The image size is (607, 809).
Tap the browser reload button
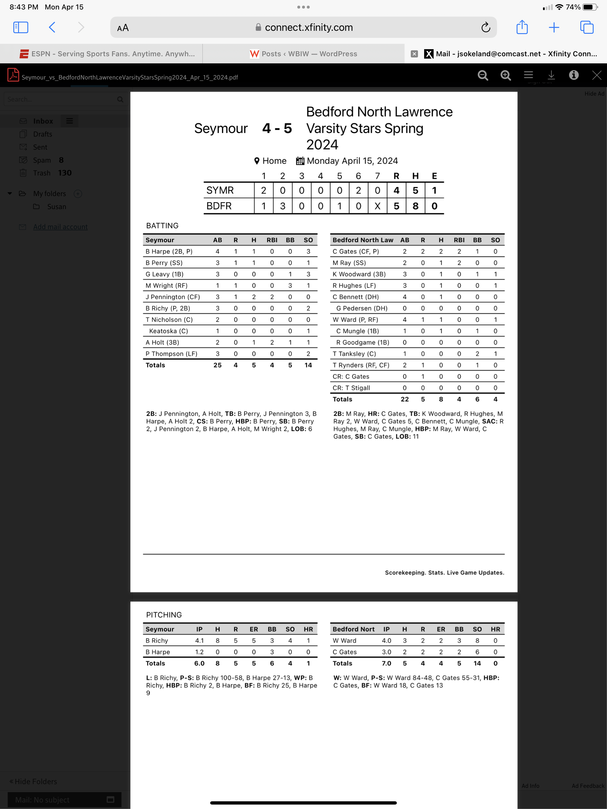(485, 28)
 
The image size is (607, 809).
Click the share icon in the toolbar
(522, 28)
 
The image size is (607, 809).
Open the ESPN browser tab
(107, 54)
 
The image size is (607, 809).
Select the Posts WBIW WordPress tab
(303, 54)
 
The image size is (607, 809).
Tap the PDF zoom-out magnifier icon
(483, 75)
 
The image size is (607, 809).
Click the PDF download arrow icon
(551, 75)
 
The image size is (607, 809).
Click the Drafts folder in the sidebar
(42, 134)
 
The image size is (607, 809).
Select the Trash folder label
(42, 173)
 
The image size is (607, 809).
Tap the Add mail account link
(60, 227)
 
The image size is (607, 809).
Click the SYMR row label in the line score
(220, 190)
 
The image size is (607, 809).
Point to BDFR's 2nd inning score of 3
(283, 206)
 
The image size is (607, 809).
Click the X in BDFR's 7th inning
(378, 206)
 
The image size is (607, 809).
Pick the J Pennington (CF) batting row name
(173, 297)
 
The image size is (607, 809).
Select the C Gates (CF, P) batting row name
(355, 252)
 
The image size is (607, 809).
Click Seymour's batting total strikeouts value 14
(308, 365)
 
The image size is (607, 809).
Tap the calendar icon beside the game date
(300, 161)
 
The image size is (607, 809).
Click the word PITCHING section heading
(164, 615)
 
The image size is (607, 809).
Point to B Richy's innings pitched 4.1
(199, 641)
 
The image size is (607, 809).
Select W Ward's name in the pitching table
(344, 641)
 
